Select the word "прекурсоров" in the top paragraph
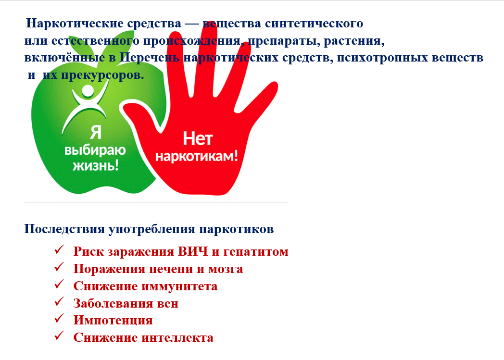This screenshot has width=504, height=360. point(102,75)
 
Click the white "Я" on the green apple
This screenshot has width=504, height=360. point(96,132)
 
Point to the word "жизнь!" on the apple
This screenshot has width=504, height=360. point(96,166)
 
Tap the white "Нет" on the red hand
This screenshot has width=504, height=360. point(198,139)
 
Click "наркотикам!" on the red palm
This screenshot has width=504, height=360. point(197,156)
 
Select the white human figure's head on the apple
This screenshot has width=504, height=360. point(88,90)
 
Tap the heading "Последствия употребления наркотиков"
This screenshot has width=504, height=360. point(149,229)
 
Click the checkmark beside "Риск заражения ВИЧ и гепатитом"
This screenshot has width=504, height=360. point(59,249)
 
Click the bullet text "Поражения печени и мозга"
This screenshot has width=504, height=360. point(158,269)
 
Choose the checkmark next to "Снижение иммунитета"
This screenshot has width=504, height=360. point(59,284)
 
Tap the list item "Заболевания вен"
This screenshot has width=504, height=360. point(126,303)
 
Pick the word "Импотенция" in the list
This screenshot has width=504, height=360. point(113,321)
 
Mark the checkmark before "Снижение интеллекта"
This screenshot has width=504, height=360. point(59,335)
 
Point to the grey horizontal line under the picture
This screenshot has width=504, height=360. point(156,202)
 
